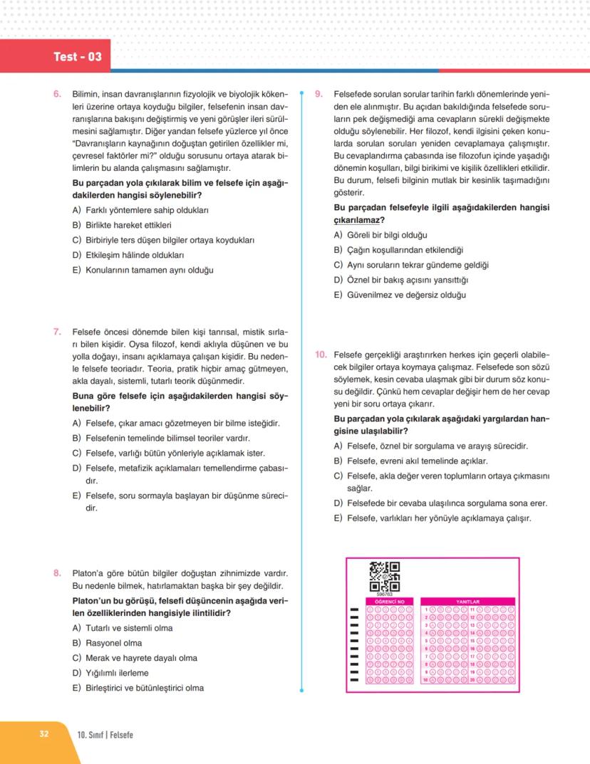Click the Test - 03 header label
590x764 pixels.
[78, 56]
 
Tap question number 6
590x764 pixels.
[57, 94]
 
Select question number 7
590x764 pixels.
[57, 331]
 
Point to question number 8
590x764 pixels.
[57, 572]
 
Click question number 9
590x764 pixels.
[319, 94]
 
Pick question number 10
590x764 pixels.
[320, 354]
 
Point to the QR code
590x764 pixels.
[384, 577]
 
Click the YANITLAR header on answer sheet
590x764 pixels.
[467, 601]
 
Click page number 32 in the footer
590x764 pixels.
[43, 734]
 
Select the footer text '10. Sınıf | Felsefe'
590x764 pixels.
[105, 735]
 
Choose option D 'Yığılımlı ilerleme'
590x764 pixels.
[114, 673]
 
